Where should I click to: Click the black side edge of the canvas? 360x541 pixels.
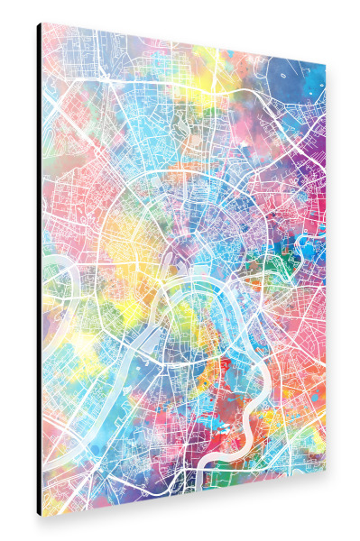(39, 270)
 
